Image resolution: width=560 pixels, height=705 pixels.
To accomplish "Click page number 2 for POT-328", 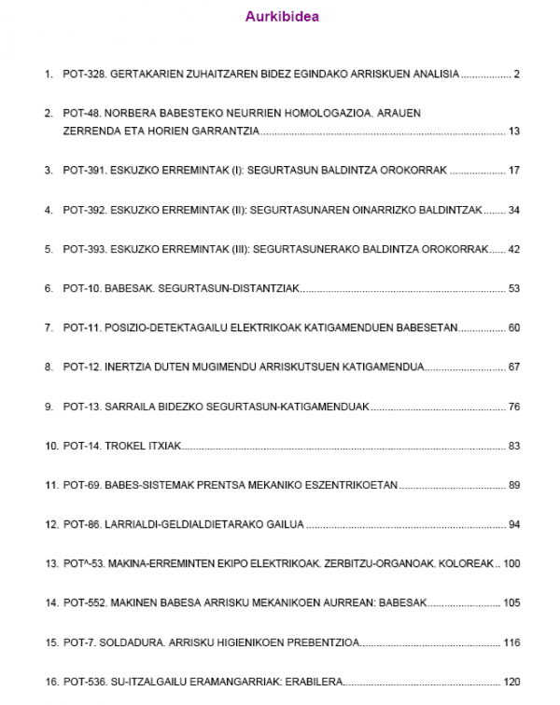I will [516, 74].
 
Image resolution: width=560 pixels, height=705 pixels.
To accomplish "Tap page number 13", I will [513, 131].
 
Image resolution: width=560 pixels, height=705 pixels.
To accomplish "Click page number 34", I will [513, 210].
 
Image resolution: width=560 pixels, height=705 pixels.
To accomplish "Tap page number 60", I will [513, 328].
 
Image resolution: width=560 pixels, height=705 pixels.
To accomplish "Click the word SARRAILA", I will [133, 408].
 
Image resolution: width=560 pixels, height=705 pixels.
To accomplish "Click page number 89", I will [513, 486].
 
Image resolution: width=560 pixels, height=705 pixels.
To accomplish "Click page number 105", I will [511, 604].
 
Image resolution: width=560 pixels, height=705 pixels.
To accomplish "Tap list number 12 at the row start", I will [51, 525].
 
